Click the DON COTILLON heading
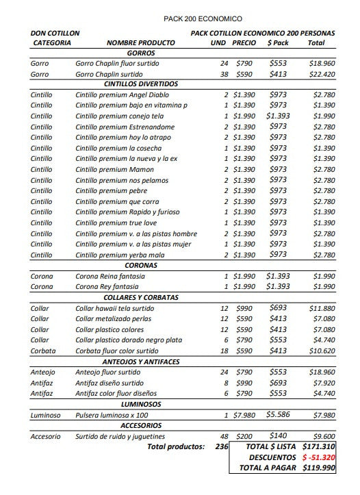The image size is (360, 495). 55,33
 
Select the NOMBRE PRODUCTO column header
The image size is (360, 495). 141,42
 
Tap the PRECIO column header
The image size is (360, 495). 244,42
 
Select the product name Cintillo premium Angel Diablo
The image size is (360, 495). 122,94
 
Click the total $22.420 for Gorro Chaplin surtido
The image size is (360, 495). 321,74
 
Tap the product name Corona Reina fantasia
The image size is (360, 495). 110,276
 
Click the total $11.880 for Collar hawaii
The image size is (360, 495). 322,309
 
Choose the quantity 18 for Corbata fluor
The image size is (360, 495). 224,351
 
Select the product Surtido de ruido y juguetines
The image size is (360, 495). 120,437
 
